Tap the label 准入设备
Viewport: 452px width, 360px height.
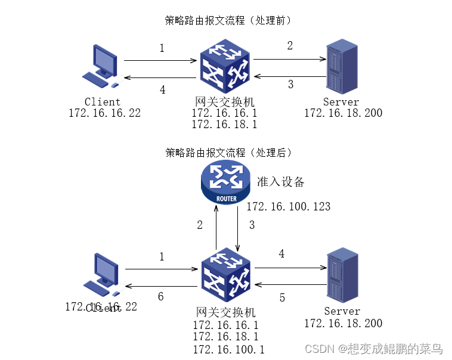[280, 182]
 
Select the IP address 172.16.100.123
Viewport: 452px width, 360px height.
[288, 207]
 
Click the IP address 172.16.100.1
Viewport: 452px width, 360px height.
[228, 349]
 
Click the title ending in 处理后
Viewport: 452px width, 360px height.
[228, 152]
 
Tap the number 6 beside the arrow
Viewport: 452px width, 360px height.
[160, 296]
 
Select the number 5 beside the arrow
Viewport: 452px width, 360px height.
[283, 297]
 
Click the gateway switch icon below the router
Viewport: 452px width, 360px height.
[227, 276]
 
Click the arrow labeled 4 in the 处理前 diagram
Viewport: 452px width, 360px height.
[160, 78]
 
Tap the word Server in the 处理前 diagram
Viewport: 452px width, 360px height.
[341, 102]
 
